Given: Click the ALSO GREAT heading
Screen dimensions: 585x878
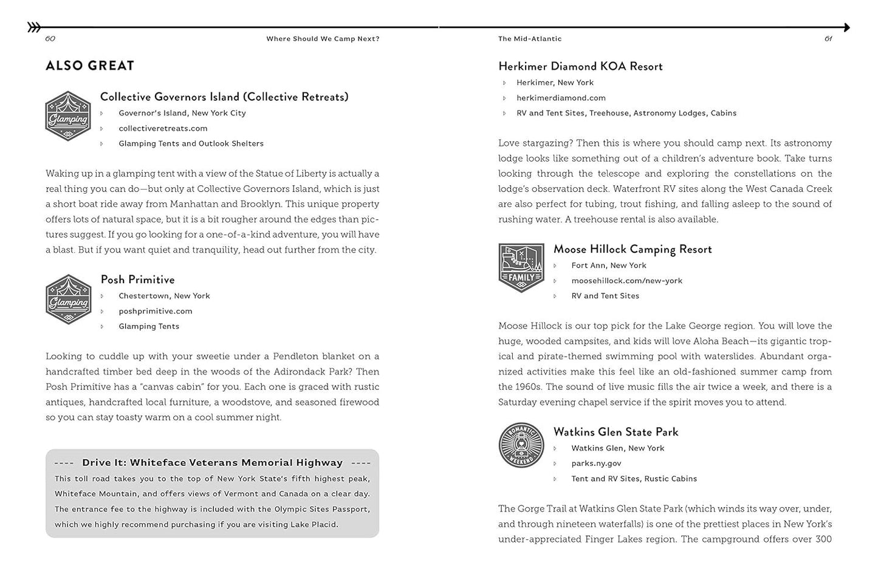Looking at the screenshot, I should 90,66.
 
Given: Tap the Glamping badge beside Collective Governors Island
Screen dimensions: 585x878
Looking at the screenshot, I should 68,116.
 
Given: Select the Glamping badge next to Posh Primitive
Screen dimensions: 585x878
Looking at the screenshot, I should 68,299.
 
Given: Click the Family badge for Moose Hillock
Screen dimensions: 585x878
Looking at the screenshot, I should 521,267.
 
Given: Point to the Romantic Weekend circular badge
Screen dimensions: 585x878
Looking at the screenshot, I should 521,445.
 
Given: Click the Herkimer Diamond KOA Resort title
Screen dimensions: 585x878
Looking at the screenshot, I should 580,66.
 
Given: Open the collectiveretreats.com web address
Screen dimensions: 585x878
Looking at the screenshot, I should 163,128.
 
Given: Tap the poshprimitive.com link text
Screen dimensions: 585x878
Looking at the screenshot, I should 156,311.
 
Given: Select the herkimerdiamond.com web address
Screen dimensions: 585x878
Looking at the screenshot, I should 561,98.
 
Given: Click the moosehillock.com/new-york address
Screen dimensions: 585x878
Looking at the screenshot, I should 626,281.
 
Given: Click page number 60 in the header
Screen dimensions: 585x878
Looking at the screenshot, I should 50,39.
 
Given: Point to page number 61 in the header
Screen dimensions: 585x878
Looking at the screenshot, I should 828,39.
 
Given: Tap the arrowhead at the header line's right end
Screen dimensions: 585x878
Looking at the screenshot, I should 845,27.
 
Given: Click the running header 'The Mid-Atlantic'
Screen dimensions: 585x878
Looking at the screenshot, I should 530,39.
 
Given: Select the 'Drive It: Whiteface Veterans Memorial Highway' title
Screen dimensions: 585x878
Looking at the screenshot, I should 212,463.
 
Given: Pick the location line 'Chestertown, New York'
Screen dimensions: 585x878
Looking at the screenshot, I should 164,296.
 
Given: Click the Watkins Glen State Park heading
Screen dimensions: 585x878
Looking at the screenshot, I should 616,432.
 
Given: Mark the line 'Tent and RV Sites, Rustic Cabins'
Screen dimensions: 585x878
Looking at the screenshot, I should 634,479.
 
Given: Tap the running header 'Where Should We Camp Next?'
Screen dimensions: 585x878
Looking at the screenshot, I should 323,39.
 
